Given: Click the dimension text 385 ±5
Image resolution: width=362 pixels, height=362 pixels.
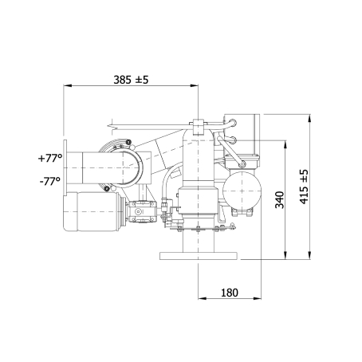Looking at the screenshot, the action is (131, 80).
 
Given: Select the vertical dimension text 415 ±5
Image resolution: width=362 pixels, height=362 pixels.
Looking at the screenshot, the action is (304, 187).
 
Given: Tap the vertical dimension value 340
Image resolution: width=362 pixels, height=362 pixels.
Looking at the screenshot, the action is (279, 199).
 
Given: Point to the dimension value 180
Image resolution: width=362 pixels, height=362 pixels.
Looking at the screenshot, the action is (230, 293).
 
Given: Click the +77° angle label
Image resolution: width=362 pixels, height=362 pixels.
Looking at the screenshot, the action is (50, 158).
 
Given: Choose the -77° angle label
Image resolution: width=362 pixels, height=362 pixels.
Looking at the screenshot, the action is (50, 182).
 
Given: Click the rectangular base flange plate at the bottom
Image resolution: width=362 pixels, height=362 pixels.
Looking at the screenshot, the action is (199, 256).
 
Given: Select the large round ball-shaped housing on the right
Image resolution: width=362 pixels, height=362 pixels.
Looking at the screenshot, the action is (242, 191).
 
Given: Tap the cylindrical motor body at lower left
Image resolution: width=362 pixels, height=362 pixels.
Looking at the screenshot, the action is (92, 211).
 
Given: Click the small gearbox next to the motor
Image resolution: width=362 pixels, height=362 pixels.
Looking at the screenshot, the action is (143, 211).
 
